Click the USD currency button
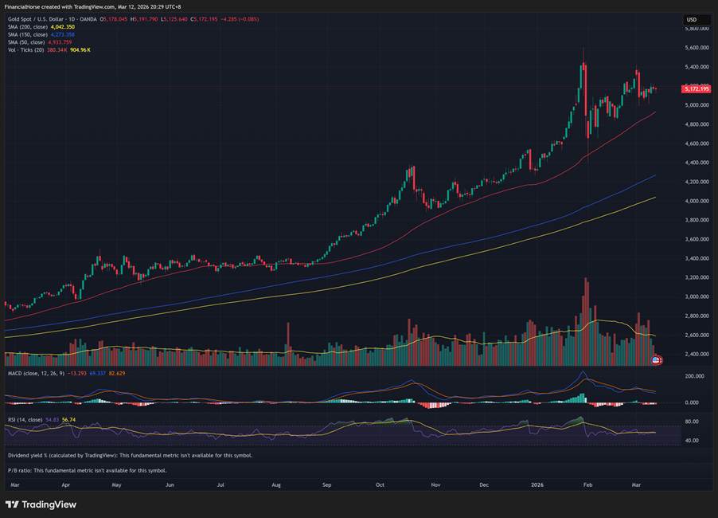[x=691, y=19]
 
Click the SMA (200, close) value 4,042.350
[x=62, y=27]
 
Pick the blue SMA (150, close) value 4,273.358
[x=62, y=34]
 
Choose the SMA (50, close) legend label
[x=27, y=41]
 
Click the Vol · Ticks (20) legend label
[x=25, y=49]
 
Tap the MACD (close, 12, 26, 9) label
[x=35, y=372]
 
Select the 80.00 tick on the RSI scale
[x=691, y=421]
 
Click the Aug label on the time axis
[x=275, y=484]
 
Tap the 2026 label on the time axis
[x=537, y=484]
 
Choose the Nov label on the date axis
[x=435, y=484]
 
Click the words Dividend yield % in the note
[x=31, y=455]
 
